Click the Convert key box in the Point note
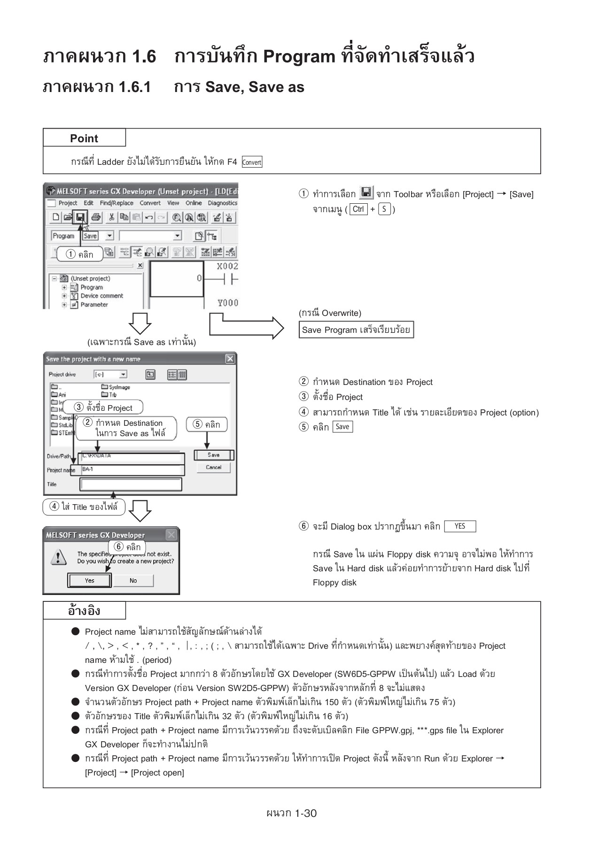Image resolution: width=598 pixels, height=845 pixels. (252, 162)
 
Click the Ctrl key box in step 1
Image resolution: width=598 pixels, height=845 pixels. (358, 209)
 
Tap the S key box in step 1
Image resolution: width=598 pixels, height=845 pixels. (384, 209)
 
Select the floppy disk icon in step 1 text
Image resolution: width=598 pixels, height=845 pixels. (366, 192)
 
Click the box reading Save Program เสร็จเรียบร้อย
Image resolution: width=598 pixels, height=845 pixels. (356, 330)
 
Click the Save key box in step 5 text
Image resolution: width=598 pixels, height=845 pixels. (342, 427)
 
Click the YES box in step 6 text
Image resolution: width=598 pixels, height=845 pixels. (459, 526)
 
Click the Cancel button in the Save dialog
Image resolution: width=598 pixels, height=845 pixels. (213, 468)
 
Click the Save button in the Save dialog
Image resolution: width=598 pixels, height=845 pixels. (213, 455)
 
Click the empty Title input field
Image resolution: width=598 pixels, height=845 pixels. (131, 484)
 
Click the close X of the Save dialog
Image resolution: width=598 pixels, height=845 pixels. (230, 359)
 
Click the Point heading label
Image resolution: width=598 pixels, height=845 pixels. (84, 138)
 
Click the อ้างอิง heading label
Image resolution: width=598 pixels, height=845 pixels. (84, 611)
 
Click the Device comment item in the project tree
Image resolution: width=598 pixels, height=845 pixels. (101, 296)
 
